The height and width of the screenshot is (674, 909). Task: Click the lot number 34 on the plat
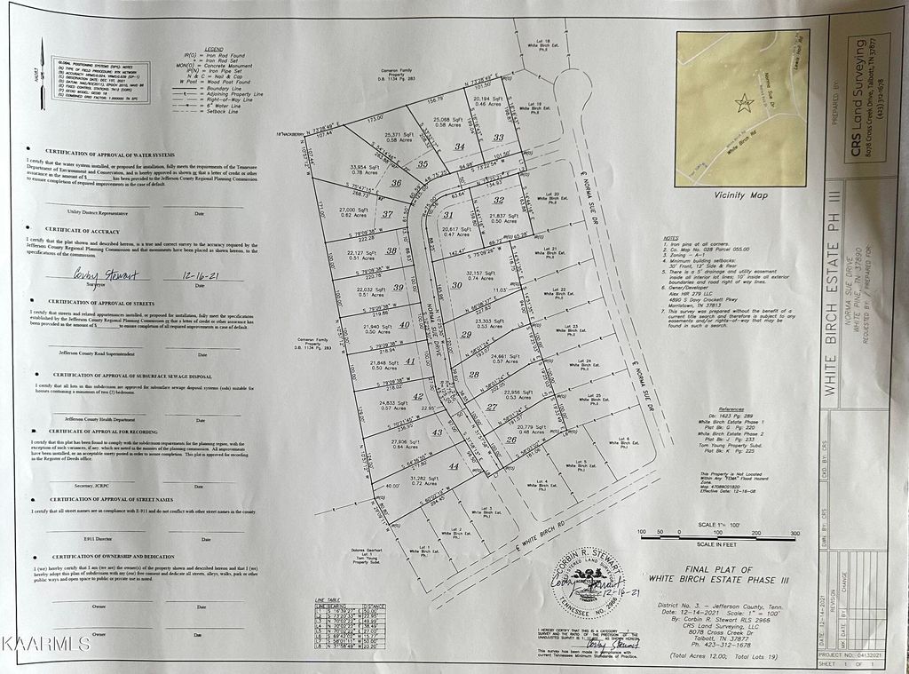459,146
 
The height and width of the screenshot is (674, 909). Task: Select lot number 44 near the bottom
454,465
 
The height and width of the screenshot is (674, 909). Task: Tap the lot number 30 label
457,285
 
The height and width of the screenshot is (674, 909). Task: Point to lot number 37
387,213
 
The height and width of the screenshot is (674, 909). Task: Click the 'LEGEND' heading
214,49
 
